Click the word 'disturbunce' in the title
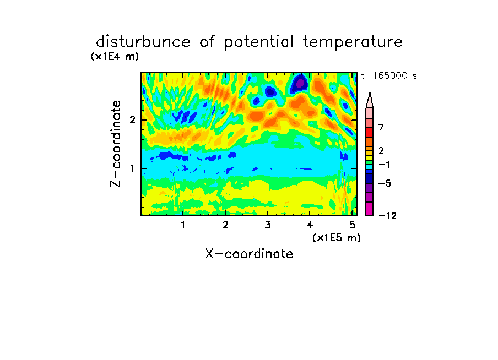(143, 42)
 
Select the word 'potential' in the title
(259, 42)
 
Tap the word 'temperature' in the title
(353, 42)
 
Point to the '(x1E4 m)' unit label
(115, 57)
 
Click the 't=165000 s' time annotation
(389, 75)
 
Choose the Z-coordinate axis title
(116, 144)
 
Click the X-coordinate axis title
(249, 254)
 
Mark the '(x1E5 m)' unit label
(337, 238)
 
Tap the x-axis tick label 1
(183, 225)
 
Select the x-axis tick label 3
(268, 225)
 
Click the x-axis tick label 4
(310, 225)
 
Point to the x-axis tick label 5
(352, 225)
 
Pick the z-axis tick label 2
(132, 120)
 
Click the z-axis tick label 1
(132, 168)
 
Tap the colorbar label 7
(381, 127)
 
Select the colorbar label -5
(385, 183)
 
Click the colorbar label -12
(387, 216)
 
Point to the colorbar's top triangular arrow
(370, 100)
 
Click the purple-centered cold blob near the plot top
(299, 83)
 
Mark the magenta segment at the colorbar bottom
(370, 209)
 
